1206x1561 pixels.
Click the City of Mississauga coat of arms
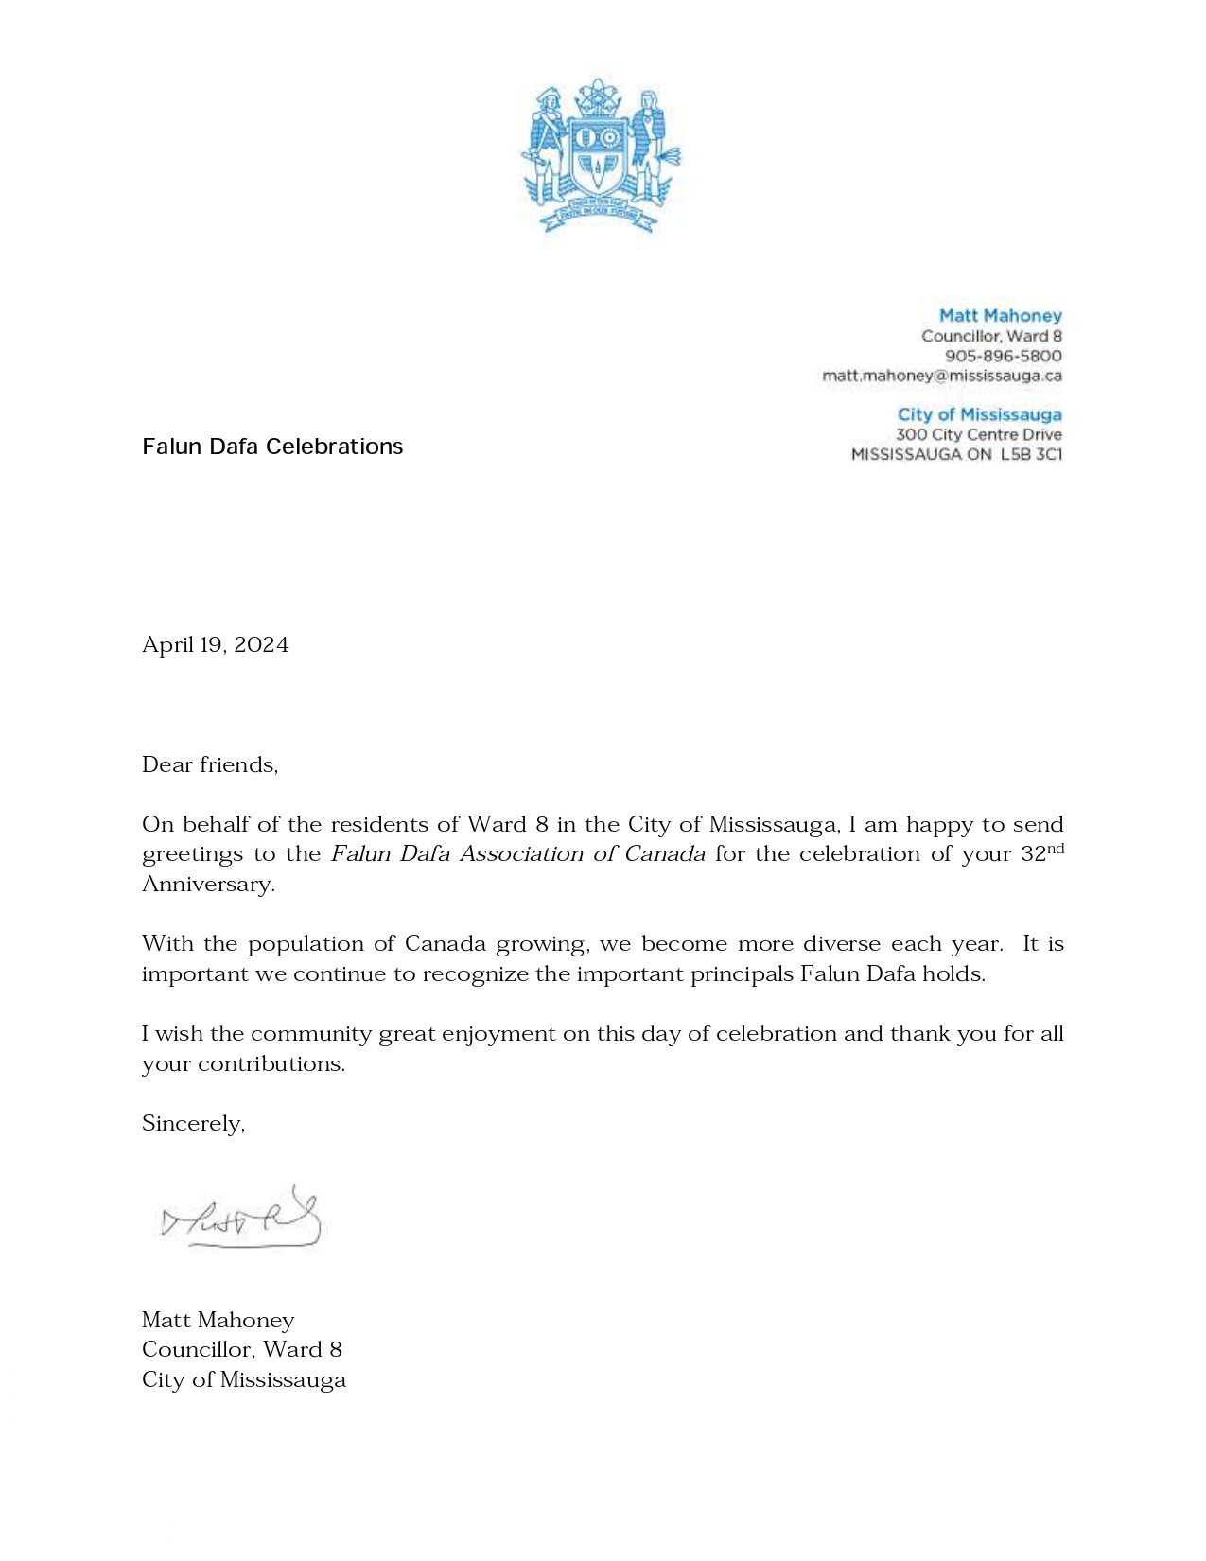pos(602,156)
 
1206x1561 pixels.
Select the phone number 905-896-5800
pos(1003,356)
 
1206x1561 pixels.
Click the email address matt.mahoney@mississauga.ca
pos(941,376)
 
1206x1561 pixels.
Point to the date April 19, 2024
pos(215,645)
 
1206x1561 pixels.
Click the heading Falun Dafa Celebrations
pos(272,447)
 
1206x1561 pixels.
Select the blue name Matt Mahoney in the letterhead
pos(1000,316)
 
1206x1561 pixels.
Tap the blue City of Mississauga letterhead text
pos(979,414)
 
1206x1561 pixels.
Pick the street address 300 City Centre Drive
pos(978,434)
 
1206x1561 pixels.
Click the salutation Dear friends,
pos(210,764)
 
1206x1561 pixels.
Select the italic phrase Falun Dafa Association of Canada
pos(517,854)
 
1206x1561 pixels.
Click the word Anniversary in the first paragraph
pos(207,885)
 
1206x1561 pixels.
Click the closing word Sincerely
pos(192,1124)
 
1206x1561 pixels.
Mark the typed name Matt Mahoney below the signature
pos(218,1321)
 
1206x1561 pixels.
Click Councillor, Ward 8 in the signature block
pos(241,1350)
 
